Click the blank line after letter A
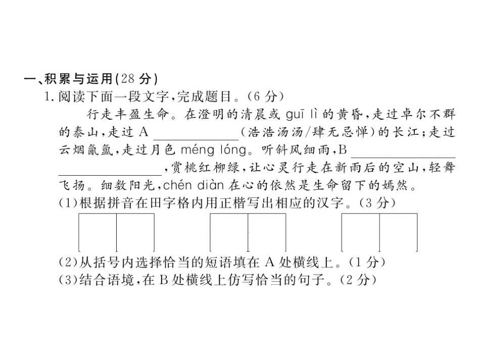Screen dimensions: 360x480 pos(195,133)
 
